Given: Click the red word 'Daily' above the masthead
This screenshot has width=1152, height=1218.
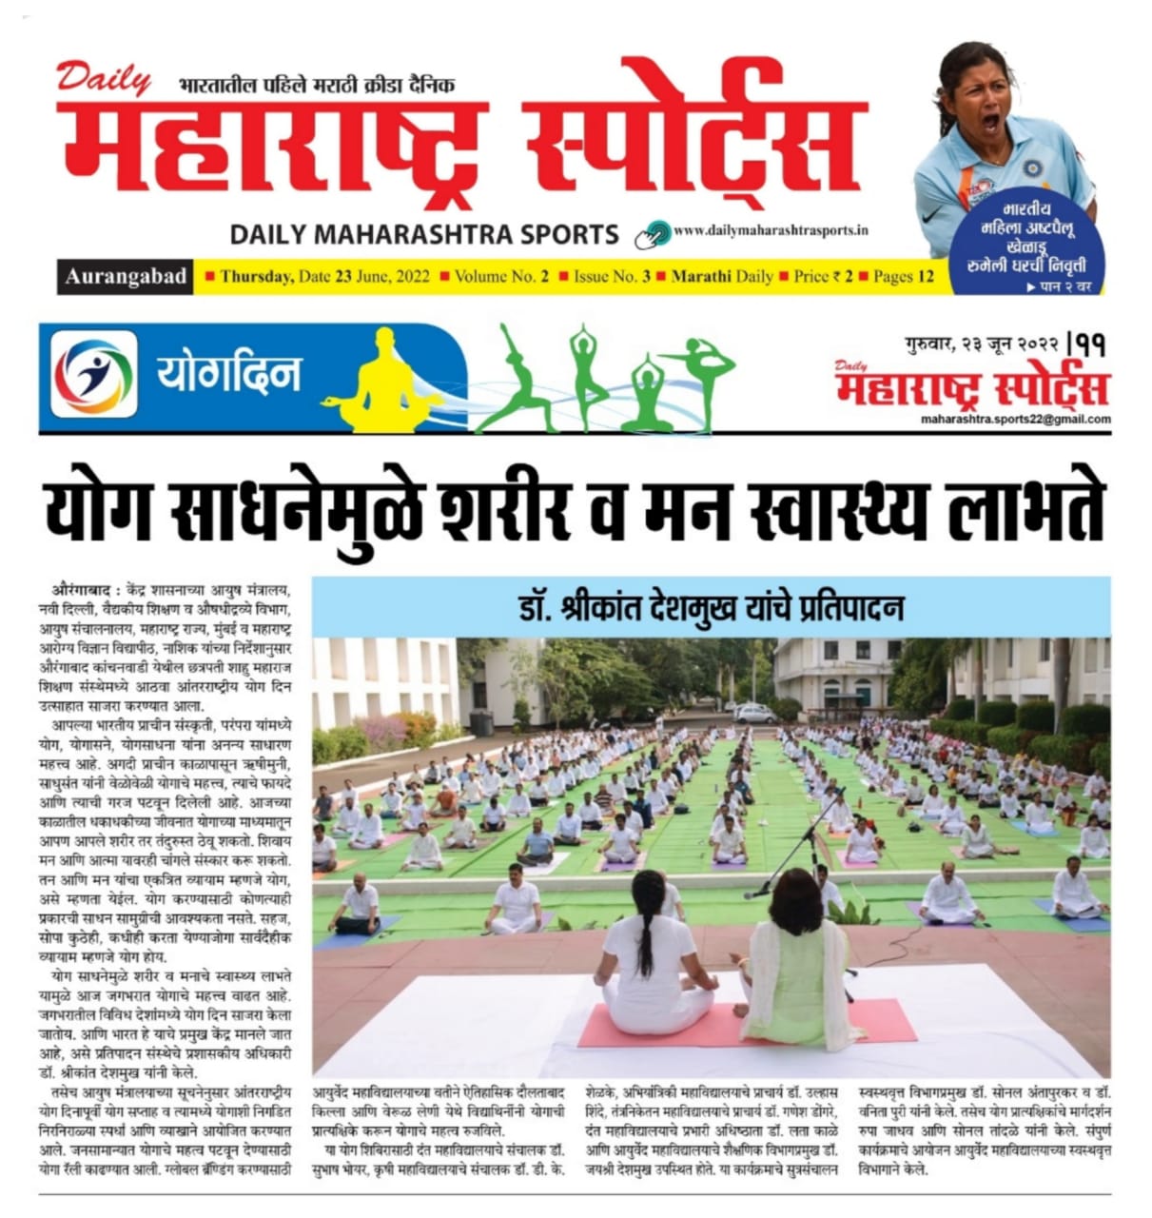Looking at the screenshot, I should point(103,78).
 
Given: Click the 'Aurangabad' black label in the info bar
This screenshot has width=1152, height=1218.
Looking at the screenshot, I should point(126,277).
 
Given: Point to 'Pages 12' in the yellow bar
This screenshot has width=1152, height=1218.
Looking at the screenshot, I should point(904,277).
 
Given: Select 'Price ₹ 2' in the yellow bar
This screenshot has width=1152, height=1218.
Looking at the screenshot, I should point(823,277).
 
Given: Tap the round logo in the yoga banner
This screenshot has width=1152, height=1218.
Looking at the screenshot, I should point(94,373).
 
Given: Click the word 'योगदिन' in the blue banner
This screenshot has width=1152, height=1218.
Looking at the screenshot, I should point(228,373).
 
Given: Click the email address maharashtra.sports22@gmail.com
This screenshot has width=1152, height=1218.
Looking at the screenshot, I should point(1015,419).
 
